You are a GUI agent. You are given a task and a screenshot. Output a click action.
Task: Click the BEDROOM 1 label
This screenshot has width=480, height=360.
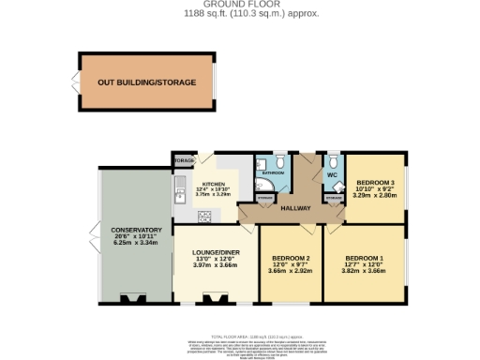pyautogui.click(x=365, y=258)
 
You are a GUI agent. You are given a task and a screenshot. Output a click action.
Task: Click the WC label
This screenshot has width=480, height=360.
pyautogui.click(x=332, y=175)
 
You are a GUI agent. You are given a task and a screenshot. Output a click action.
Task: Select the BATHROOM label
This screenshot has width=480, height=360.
pyautogui.click(x=273, y=173)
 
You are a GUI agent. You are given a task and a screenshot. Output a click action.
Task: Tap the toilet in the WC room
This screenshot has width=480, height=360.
pyautogui.click(x=334, y=159)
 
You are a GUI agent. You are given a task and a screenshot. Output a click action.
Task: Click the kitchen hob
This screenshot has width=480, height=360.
pyautogui.click(x=204, y=216)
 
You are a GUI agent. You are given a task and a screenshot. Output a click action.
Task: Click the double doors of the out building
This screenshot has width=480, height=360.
pyautogui.click(x=74, y=82)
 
